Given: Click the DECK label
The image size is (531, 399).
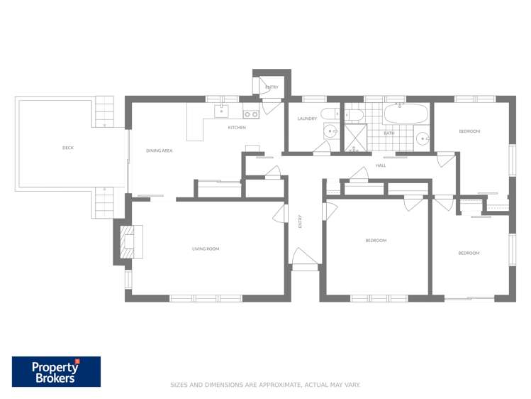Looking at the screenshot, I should point(68,148).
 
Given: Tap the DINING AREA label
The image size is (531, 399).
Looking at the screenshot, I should point(160,151).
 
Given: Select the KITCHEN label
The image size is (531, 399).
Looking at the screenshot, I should point(237,128).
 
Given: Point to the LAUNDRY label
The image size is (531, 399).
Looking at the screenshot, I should point(307,119).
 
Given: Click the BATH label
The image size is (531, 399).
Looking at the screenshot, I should point(389,133).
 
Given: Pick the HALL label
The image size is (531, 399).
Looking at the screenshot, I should point(381,165).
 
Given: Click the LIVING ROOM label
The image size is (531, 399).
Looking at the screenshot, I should point(206,249).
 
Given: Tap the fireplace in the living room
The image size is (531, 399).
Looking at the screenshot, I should point(130,241).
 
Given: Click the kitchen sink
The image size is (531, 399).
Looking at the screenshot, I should point(221,111).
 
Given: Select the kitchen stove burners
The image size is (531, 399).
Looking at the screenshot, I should point(250,114).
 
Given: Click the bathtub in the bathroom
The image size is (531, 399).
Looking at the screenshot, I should point(406,114).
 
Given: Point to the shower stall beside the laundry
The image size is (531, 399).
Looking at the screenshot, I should point(354,137).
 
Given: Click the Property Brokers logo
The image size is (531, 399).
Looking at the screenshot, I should point(56,372).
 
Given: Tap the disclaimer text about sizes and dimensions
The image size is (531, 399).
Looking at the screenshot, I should point(265,385).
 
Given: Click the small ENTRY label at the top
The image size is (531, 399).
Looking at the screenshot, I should point(272,87).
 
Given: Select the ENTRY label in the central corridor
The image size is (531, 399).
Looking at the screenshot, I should point(301,222).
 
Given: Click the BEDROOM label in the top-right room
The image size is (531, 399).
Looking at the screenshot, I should point(469,131).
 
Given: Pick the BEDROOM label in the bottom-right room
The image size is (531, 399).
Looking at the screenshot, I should point(469,253).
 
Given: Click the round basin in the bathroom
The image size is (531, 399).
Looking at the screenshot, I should point(423,138).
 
